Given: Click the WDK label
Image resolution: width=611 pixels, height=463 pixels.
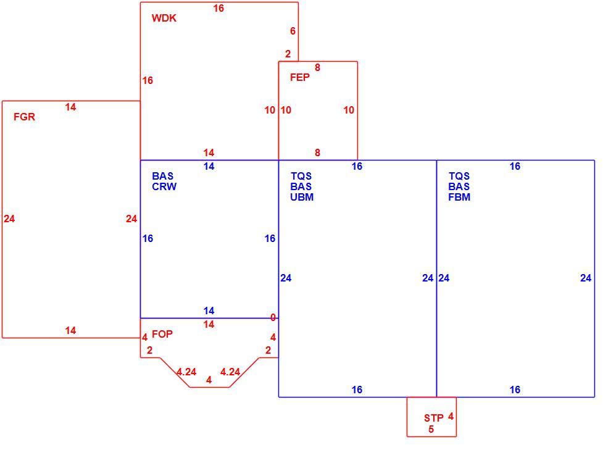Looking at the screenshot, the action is (164, 18).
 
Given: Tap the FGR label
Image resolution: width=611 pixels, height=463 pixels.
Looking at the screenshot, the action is (24, 117).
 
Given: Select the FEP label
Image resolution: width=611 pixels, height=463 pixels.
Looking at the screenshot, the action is (300, 77).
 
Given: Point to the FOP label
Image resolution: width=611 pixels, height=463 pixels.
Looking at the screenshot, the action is (162, 334).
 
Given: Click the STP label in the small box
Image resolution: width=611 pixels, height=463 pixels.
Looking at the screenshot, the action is (434, 418).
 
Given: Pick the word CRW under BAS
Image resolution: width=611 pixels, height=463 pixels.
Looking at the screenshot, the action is (164, 186).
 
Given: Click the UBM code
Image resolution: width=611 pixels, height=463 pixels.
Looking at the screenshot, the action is (302, 197).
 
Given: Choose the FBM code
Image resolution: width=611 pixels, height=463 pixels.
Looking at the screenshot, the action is (459, 197).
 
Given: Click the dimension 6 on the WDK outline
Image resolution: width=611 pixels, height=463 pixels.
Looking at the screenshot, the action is (293, 31).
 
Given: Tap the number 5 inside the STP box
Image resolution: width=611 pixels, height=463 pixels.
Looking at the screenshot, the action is (431, 429).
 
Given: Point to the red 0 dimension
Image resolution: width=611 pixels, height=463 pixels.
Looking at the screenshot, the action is (273, 318).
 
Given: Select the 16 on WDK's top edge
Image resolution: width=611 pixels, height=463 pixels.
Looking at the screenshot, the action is (218, 8).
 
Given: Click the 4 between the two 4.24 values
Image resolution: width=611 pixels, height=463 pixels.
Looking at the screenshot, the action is (209, 380).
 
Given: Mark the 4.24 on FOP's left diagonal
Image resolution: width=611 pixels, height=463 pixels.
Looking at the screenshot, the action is (186, 372).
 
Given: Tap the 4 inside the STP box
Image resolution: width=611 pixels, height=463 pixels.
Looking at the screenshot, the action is (451, 417).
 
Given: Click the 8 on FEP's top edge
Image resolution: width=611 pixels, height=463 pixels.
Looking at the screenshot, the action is (317, 67).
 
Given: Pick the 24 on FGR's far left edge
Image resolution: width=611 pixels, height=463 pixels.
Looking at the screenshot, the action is (9, 219).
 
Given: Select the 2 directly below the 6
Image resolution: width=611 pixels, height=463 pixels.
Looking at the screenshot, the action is (288, 54).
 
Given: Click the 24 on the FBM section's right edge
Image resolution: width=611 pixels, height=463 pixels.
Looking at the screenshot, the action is (586, 278).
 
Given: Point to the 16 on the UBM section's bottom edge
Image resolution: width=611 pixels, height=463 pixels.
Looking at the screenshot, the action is (357, 390).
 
